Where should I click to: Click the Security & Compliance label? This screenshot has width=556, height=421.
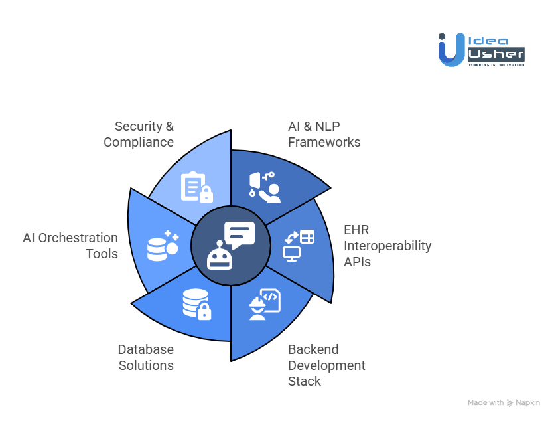point(139,134)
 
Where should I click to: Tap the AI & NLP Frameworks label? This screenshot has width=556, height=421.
point(324,134)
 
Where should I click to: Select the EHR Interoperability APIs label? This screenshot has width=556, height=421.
point(387,246)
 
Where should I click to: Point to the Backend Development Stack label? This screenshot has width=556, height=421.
point(326,365)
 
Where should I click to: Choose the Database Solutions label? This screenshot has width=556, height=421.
point(146,357)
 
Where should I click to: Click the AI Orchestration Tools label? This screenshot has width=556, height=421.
point(70,246)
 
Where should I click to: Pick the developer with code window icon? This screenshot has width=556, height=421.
point(264,304)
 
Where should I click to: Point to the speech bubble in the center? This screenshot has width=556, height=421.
point(239,234)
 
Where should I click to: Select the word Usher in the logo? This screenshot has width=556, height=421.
point(496,54)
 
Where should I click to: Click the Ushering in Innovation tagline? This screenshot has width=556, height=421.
point(496,64)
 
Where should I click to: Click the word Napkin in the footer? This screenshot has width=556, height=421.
point(528,402)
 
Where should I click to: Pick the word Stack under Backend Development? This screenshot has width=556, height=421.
point(305,381)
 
